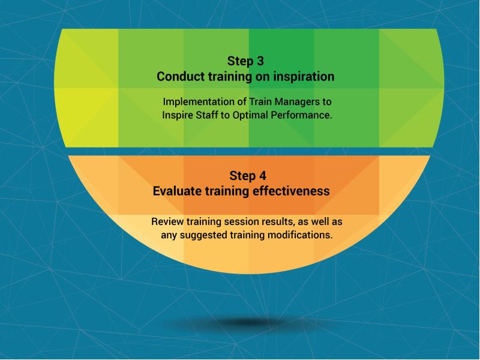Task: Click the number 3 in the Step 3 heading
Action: coord(260,61)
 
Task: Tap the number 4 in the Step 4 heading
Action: coord(262,176)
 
